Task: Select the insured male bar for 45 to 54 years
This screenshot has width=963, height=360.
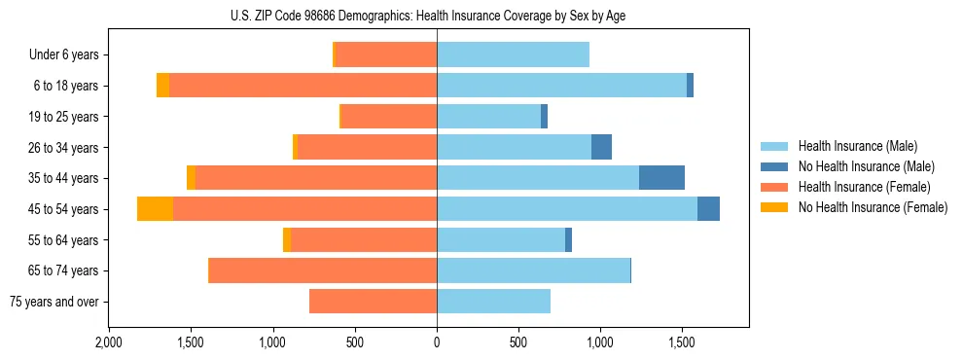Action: (567, 209)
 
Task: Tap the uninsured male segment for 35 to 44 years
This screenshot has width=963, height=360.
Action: (661, 178)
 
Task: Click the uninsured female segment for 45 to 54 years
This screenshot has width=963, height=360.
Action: (155, 209)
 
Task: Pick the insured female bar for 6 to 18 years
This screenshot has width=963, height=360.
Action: (303, 86)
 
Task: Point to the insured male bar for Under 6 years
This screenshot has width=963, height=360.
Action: (513, 55)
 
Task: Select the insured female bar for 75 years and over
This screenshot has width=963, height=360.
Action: (373, 302)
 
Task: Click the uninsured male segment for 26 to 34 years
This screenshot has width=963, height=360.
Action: (601, 147)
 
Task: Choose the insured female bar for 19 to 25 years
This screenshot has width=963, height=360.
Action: (389, 117)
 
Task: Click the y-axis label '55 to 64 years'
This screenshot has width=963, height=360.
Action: (62, 240)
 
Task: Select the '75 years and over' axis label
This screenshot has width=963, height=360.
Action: (53, 302)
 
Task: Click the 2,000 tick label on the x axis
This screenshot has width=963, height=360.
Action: (109, 342)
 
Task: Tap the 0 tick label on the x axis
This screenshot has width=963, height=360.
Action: (437, 342)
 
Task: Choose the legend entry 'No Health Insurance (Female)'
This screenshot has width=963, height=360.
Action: (873, 207)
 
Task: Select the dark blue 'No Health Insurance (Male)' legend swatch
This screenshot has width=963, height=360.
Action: (774, 166)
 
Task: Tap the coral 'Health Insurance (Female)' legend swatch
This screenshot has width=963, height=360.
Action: (774, 187)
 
